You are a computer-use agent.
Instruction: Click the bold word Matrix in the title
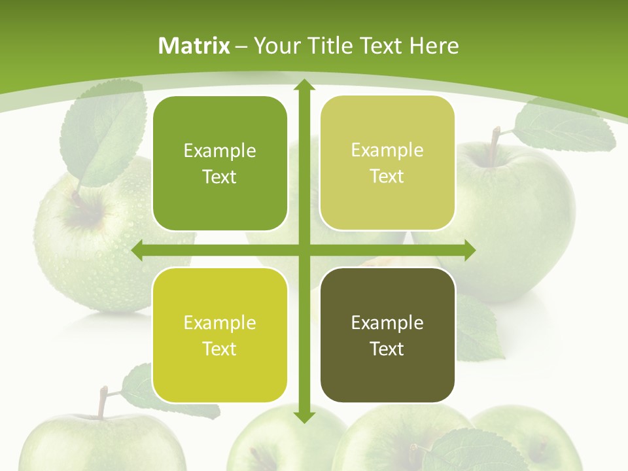194,46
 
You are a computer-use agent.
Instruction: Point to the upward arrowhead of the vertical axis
304,86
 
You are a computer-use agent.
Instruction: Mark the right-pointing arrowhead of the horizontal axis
469,251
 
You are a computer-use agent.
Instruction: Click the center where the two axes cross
304,251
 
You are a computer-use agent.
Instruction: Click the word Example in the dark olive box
387,323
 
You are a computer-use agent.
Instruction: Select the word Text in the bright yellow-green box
220,349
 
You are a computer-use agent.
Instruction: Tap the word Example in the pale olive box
387,150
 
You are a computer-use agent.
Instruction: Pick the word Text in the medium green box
220,177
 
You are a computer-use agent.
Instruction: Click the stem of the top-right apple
495,138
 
